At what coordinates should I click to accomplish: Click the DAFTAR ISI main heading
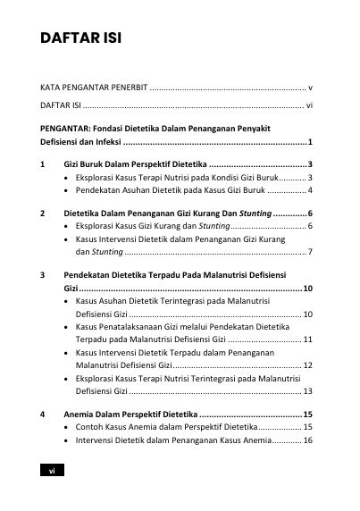[x=80, y=40]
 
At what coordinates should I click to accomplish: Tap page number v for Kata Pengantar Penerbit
[x=309, y=88]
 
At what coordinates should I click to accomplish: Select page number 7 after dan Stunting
[x=309, y=253]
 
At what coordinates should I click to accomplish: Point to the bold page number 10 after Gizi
[x=307, y=289]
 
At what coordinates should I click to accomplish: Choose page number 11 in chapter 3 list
[x=307, y=339]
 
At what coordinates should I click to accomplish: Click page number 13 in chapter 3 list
[x=307, y=390]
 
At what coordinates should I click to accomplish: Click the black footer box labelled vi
[x=53, y=471]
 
